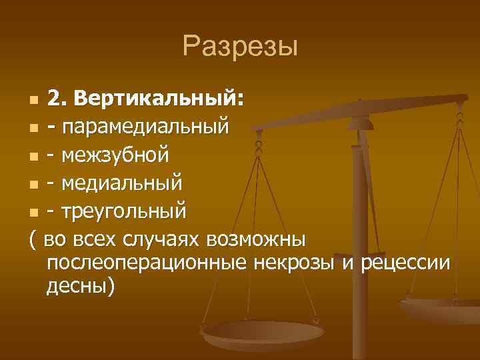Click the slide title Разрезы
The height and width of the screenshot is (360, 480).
pos(240,47)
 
